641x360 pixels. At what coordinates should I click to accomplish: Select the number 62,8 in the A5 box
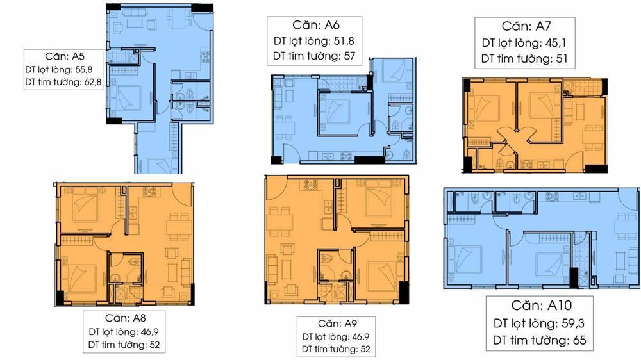[x=92, y=82]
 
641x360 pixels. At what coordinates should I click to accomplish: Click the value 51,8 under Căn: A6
[x=344, y=41]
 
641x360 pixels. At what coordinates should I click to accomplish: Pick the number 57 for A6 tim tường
[x=349, y=56]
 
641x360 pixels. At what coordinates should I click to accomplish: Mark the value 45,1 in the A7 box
[x=556, y=43]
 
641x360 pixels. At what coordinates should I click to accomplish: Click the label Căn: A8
[x=125, y=318]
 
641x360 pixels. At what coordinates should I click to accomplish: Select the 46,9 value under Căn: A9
[x=360, y=337]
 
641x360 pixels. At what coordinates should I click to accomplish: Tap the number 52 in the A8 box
[x=154, y=345]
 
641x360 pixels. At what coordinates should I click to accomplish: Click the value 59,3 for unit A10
[x=573, y=323]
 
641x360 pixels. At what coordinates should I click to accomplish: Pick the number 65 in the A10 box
[x=579, y=340]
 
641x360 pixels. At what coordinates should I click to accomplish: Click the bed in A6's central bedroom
[x=335, y=111]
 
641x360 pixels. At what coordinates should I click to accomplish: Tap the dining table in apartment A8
[x=179, y=227]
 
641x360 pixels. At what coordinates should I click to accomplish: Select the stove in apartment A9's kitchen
[x=310, y=184]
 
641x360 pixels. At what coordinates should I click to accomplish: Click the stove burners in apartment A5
[x=205, y=56]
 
